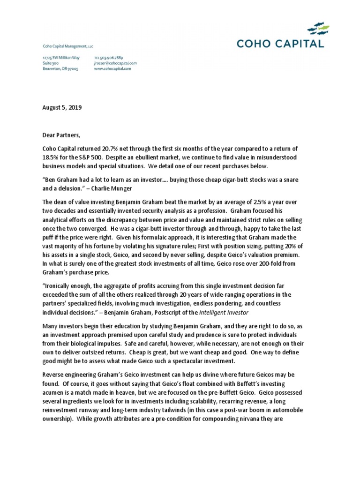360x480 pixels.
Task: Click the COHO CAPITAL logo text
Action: click(x=280, y=44)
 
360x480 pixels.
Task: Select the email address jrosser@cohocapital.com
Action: click(x=109, y=63)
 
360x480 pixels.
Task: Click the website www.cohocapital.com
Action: click(x=106, y=68)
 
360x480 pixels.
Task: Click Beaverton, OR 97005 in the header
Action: click(x=54, y=68)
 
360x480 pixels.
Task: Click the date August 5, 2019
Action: click(x=62, y=107)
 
